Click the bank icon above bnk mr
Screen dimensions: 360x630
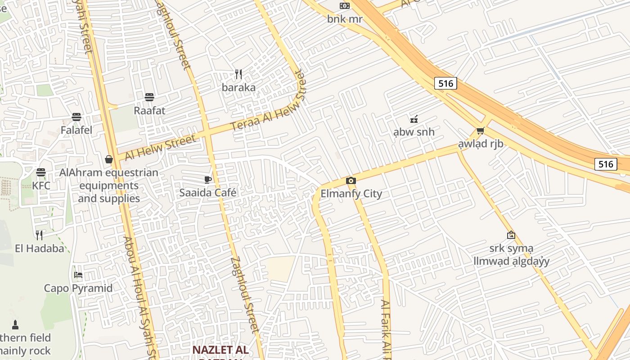pyautogui.click(x=344, y=6)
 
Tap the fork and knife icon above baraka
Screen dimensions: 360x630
pyautogui.click(x=238, y=74)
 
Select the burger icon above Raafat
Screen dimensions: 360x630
pyautogui.click(x=149, y=97)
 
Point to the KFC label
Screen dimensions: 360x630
pyautogui.click(x=41, y=185)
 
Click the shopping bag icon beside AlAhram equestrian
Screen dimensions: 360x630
pyautogui.click(x=108, y=159)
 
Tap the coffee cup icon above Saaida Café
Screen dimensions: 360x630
pyautogui.click(x=207, y=180)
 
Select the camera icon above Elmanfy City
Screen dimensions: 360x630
pyautogui.click(x=351, y=181)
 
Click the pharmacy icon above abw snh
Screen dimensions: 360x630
pyautogui.click(x=414, y=119)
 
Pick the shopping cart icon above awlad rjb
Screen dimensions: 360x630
pyautogui.click(x=480, y=131)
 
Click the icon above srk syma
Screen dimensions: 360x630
pyautogui.click(x=511, y=235)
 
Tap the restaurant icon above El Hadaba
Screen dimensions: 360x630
pyautogui.click(x=39, y=235)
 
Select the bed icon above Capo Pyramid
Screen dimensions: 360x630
pyautogui.click(x=78, y=275)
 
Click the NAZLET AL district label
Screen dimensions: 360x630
pyautogui.click(x=220, y=350)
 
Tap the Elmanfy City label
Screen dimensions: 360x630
pyautogui.click(x=351, y=194)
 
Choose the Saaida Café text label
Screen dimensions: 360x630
pyautogui.click(x=208, y=193)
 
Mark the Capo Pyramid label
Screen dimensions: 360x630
pyautogui.click(x=78, y=288)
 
